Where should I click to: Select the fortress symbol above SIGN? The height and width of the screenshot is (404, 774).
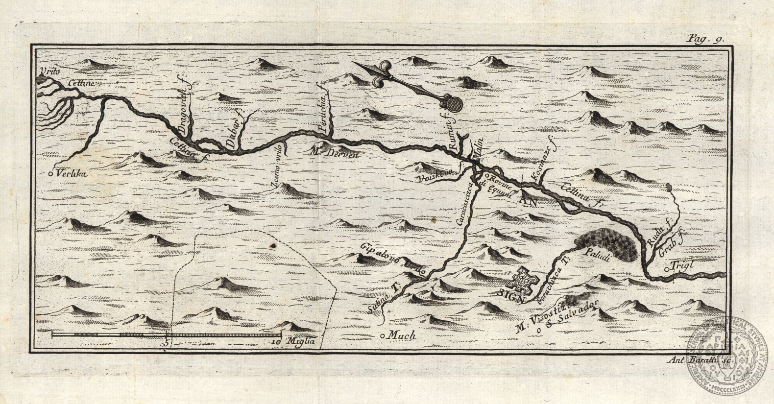point(522,280)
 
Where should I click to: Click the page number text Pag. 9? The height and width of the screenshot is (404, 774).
point(706,39)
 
